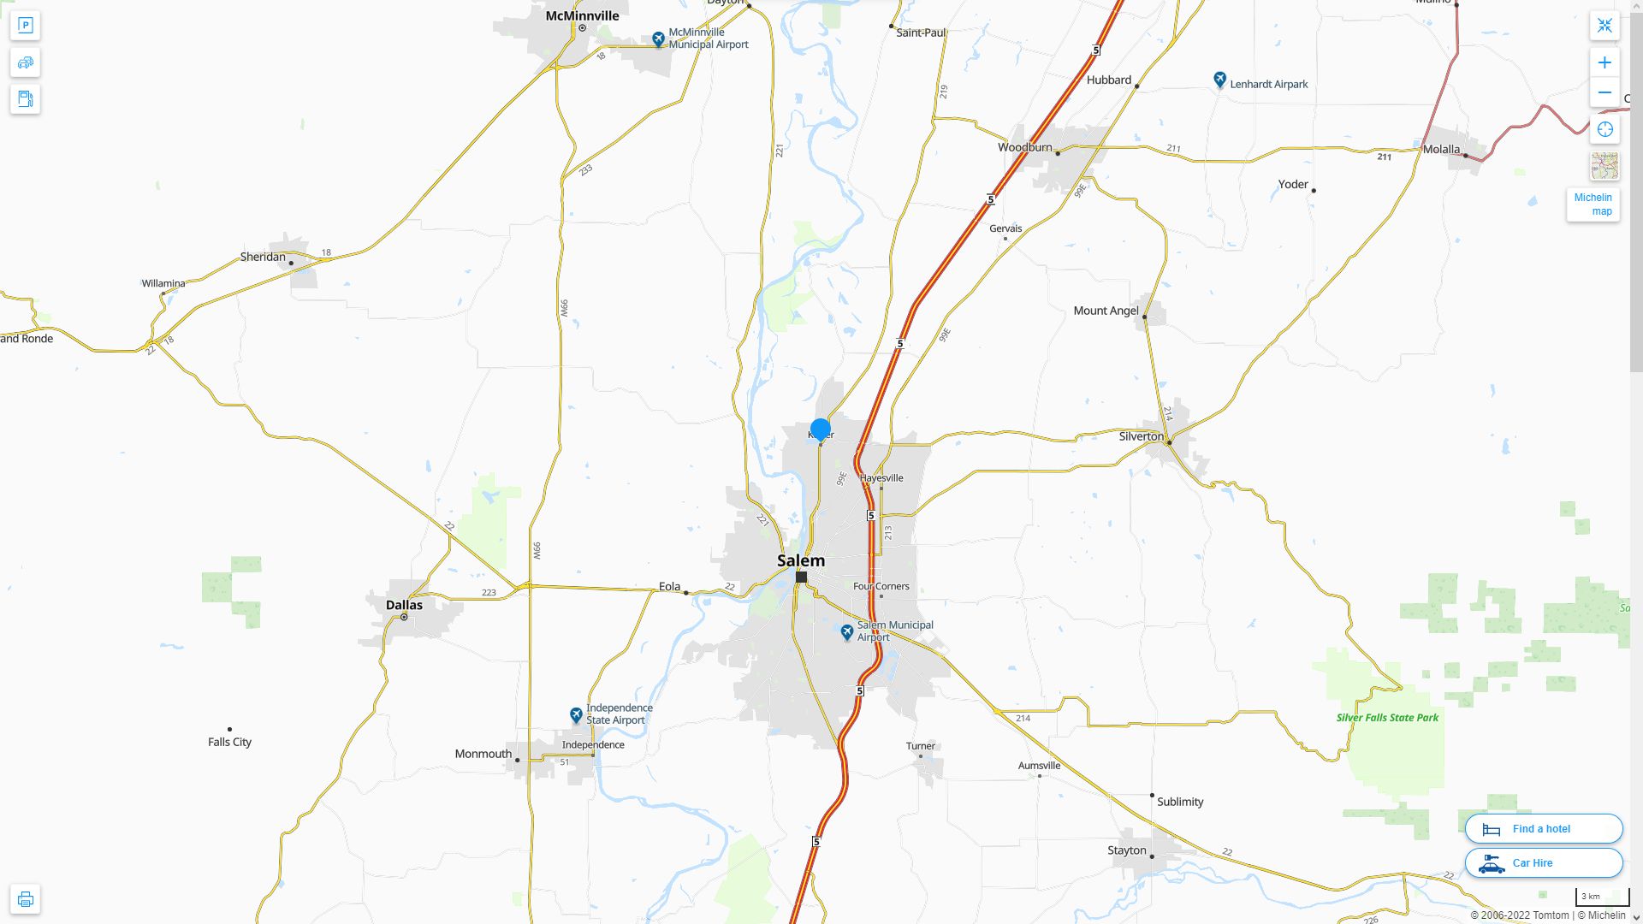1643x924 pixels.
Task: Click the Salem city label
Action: click(x=801, y=561)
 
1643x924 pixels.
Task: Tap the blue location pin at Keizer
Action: click(x=821, y=429)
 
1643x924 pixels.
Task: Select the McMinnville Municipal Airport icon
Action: click(x=658, y=39)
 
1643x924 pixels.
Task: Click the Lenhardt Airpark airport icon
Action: click(x=1220, y=80)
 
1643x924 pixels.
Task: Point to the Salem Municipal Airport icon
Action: click(x=847, y=632)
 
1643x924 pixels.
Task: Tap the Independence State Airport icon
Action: click(x=577, y=714)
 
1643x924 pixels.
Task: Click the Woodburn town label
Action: click(x=1024, y=147)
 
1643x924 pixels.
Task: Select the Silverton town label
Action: click(x=1141, y=436)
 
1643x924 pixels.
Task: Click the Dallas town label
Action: click(x=404, y=605)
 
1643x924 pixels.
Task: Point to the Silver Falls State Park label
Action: click(x=1387, y=718)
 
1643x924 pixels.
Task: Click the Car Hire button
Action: click(x=1544, y=863)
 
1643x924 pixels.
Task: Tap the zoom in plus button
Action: click(x=1604, y=62)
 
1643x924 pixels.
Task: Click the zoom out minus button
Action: click(x=1604, y=92)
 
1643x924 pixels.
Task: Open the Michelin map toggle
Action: click(x=1593, y=204)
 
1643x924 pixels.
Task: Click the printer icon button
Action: click(x=26, y=899)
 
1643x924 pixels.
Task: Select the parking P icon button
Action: click(x=26, y=26)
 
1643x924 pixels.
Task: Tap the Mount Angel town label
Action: click(x=1106, y=311)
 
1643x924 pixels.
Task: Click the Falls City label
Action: click(x=229, y=742)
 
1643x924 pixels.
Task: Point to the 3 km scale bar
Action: click(x=1602, y=897)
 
